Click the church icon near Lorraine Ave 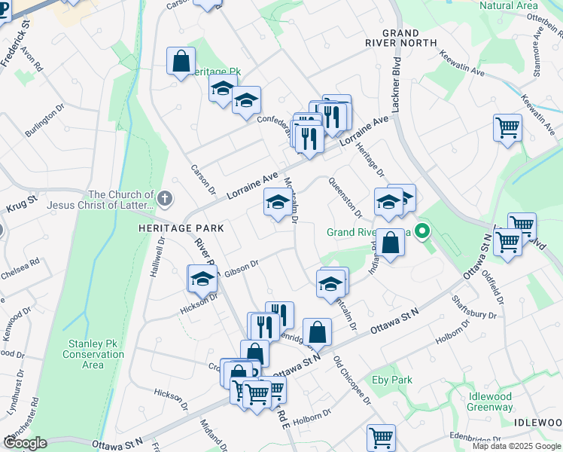166,199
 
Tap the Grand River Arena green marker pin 423,231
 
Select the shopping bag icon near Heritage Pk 181,62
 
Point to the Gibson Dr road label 241,268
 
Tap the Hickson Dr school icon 202,279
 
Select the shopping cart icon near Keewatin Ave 508,127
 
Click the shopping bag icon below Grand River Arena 390,243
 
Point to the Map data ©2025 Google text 516,446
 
